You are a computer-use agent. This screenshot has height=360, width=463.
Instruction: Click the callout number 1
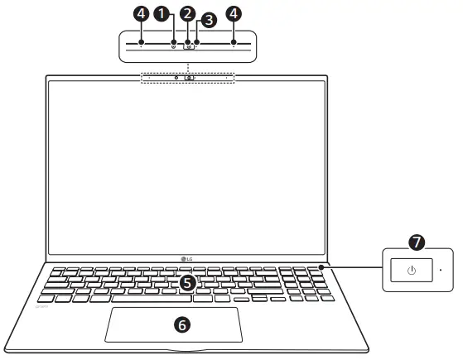pos(173,14)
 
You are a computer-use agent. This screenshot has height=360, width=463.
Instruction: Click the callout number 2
pos(188,14)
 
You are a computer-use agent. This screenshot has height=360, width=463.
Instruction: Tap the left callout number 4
pos(142,14)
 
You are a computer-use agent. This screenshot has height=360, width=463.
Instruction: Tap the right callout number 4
pos(234,14)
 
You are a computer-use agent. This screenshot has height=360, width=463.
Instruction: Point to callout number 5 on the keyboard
pos(188,282)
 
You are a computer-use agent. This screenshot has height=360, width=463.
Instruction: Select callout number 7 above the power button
pos(417,242)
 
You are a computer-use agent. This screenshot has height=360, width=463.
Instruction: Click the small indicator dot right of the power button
pos(441,269)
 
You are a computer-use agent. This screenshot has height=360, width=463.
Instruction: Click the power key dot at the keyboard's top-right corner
pos(321,267)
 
